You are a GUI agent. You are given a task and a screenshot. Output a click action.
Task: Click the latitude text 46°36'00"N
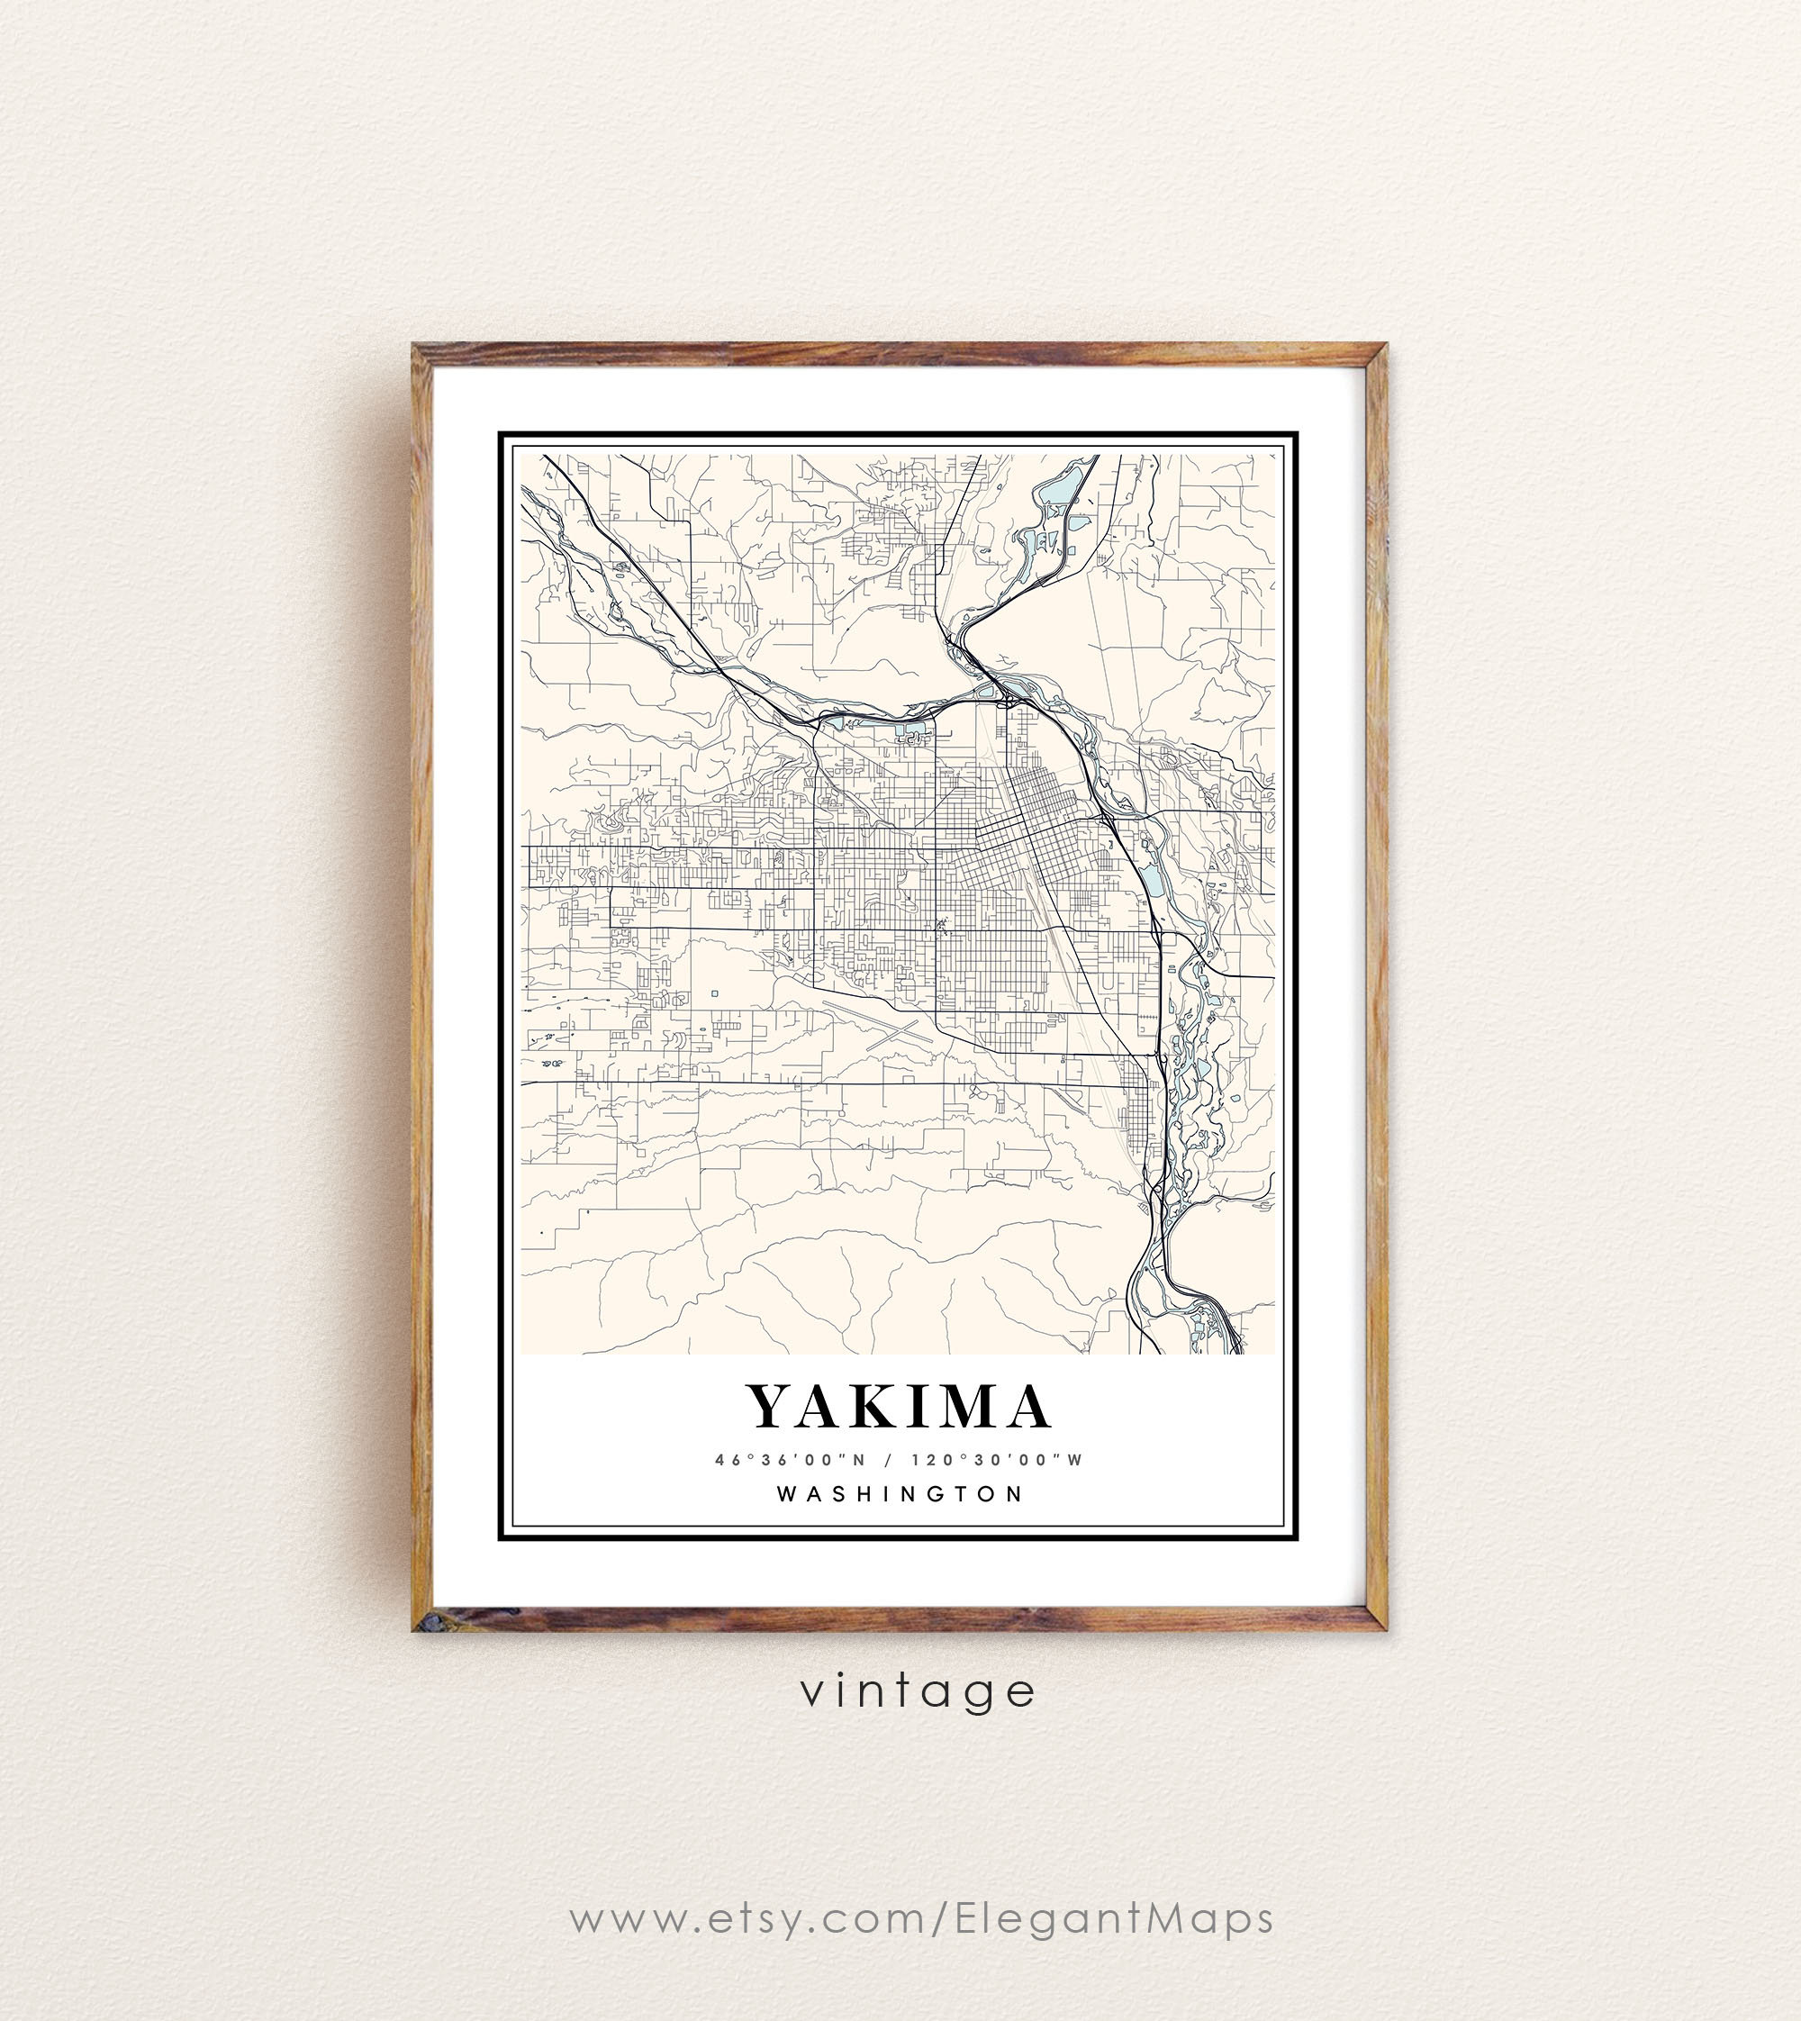tap(790, 1460)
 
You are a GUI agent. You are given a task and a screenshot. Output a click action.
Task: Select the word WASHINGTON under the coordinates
tap(900, 1493)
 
